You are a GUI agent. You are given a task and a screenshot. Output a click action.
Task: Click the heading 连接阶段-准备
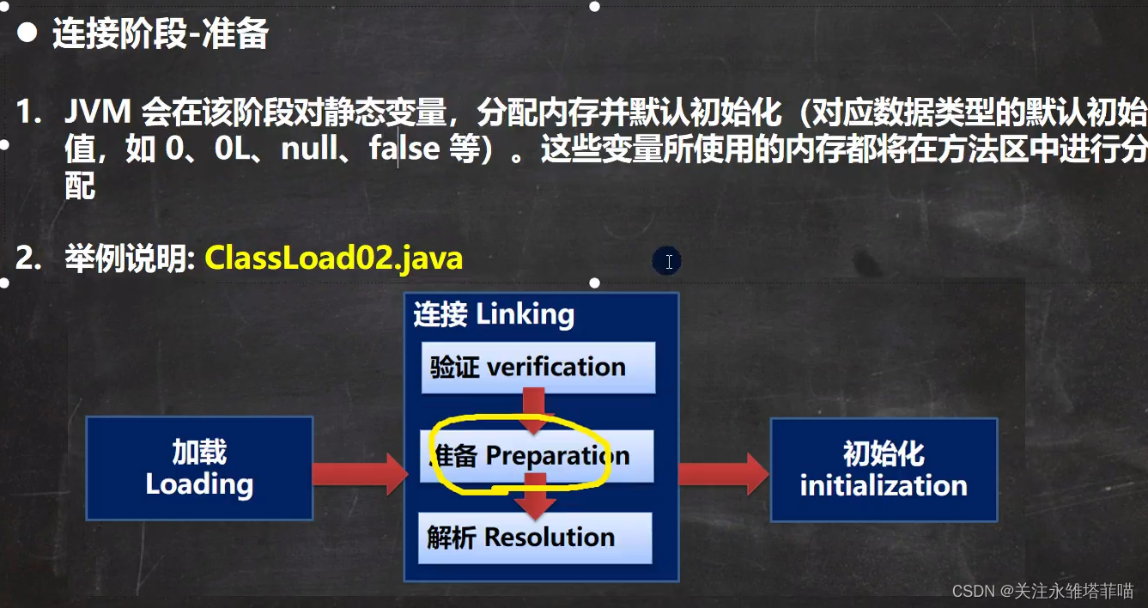tap(161, 33)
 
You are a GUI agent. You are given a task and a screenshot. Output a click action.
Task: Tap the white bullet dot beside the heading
tap(27, 33)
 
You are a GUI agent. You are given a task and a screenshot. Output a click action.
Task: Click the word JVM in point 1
tap(98, 112)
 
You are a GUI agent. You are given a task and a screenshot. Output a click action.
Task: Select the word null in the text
tap(310, 149)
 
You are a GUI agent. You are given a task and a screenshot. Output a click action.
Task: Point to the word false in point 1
tap(405, 149)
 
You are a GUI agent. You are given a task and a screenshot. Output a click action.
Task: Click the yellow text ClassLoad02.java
tap(334, 258)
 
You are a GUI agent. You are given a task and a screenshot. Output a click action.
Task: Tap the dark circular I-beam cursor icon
tap(667, 261)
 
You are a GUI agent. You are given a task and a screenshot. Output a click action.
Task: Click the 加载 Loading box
tap(199, 469)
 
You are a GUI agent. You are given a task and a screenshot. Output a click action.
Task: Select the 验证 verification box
tap(538, 368)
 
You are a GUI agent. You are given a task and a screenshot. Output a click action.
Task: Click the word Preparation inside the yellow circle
tap(557, 456)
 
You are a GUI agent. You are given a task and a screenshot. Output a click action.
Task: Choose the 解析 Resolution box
tap(535, 538)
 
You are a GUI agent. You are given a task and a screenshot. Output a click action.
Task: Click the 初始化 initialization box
tap(884, 470)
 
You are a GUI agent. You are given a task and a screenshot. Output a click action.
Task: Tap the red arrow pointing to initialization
tap(724, 474)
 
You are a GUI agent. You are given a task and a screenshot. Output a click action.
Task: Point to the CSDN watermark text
tap(1042, 591)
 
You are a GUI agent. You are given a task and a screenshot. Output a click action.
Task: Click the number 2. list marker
tap(28, 258)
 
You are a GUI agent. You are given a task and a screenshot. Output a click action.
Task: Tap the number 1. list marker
tap(28, 112)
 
